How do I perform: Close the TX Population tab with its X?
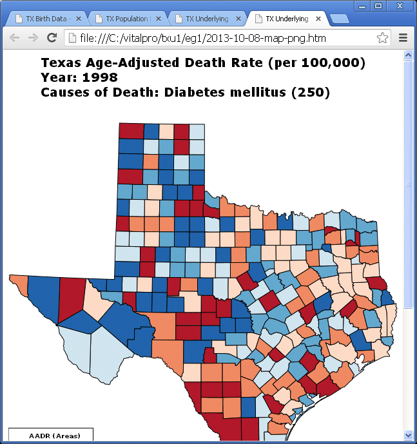click(x=159, y=19)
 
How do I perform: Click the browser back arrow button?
click(x=14, y=38)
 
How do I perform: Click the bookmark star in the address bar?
click(x=383, y=38)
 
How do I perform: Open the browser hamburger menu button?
click(x=403, y=38)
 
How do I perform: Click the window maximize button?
click(x=378, y=6)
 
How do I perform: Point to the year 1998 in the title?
click(x=100, y=78)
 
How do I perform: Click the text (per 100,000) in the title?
click(x=316, y=63)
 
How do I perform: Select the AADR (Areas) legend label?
click(x=54, y=436)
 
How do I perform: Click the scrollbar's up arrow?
click(x=407, y=55)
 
